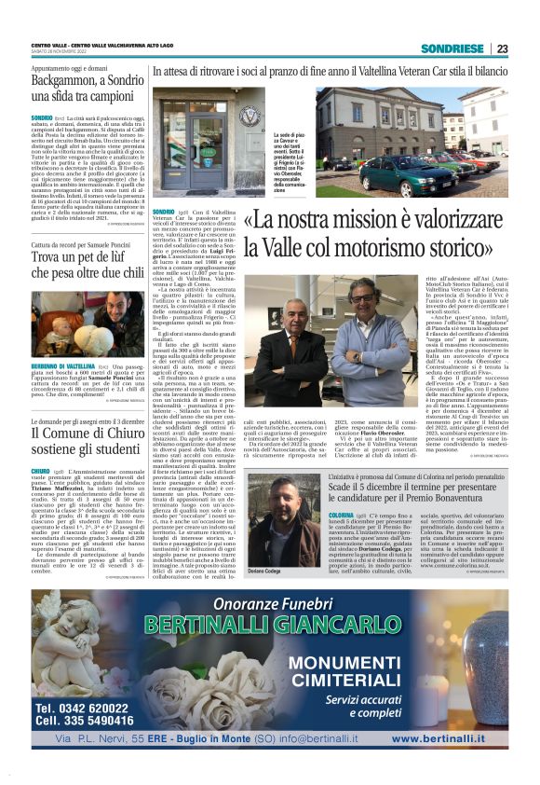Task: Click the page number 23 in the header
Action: pos(502,48)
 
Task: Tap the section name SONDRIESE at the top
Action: pos(452,48)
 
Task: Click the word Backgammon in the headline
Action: pos(75,81)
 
